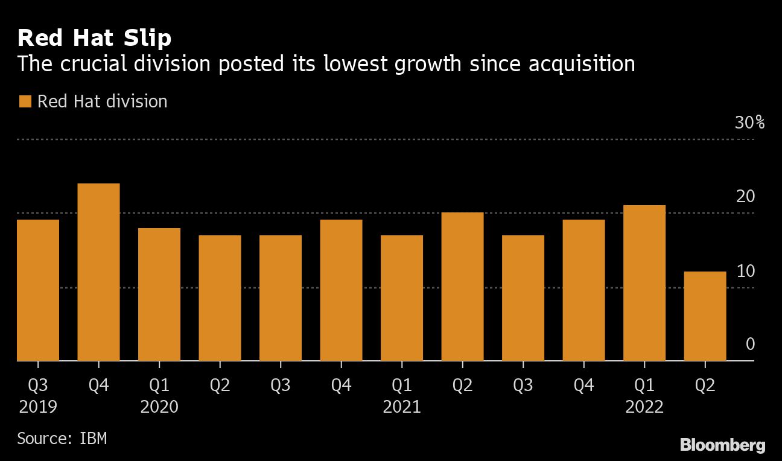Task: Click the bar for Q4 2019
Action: [x=98, y=272]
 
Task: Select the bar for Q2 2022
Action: [x=705, y=316]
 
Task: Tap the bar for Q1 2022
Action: [x=644, y=283]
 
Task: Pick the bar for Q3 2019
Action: [x=38, y=290]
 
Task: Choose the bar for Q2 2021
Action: [x=462, y=287]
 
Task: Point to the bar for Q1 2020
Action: [x=159, y=294]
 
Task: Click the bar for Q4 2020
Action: [x=341, y=290]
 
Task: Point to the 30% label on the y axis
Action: [x=749, y=123]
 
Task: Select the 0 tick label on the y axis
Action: [x=750, y=345]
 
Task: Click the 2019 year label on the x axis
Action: [x=38, y=407]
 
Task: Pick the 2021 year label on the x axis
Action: [x=402, y=407]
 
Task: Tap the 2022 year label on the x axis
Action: [x=644, y=407]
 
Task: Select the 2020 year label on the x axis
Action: [x=159, y=407]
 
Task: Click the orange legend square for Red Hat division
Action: [x=25, y=101]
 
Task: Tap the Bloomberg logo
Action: [x=722, y=445]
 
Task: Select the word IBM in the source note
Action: [x=94, y=437]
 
